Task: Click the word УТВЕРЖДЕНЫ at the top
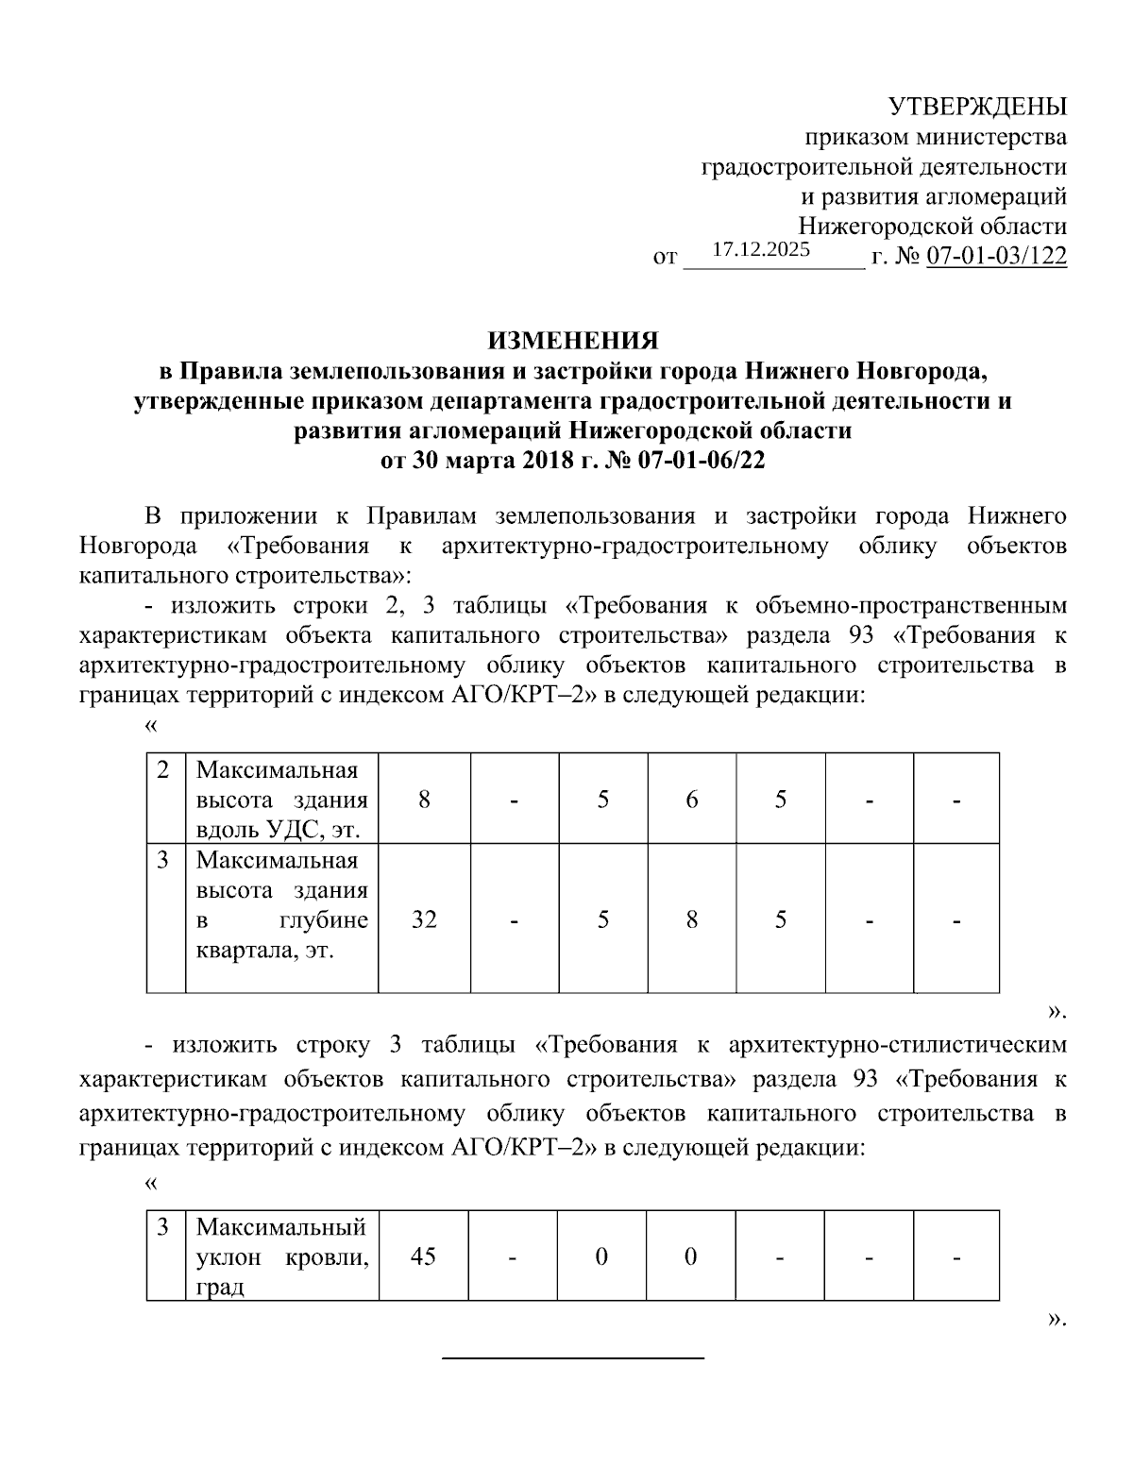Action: (x=979, y=106)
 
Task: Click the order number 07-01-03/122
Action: (x=997, y=256)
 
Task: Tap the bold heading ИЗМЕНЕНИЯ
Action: (x=572, y=341)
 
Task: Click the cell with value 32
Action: (x=424, y=918)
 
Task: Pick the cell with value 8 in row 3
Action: (x=692, y=918)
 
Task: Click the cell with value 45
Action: (x=424, y=1256)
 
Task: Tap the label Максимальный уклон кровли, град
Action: (x=281, y=1256)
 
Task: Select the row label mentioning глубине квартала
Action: (x=281, y=904)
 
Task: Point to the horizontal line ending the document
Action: (x=573, y=1357)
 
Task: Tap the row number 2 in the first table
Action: (x=164, y=769)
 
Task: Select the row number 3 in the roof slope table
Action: (x=164, y=1227)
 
